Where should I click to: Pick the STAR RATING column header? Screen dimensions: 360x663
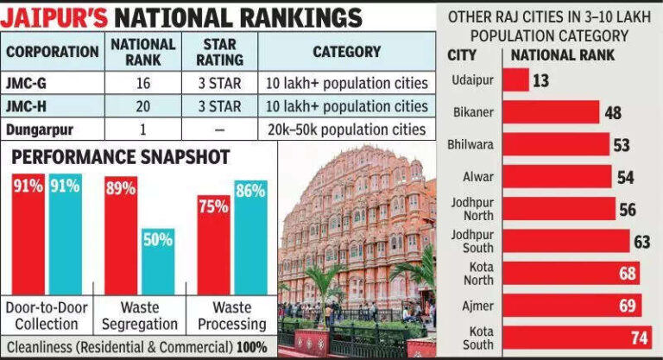click(208, 51)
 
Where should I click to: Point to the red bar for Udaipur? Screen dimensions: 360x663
click(516, 79)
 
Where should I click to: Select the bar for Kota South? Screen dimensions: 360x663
click(577, 336)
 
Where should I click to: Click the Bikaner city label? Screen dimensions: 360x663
click(473, 112)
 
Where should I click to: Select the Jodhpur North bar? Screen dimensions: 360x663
click(559, 209)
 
